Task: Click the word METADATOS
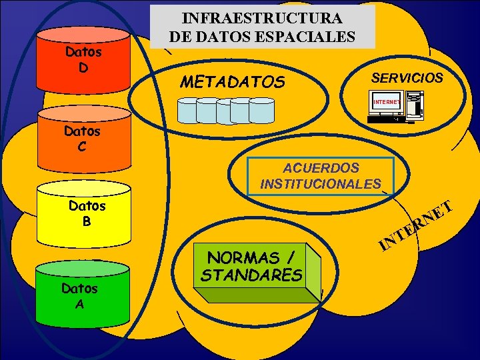coord(233,82)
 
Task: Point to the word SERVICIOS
coord(407,77)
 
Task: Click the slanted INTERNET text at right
coord(417,227)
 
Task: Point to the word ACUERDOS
coord(321,168)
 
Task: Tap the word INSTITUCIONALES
coord(321,183)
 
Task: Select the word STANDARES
coord(251,275)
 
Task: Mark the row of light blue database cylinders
coord(226,111)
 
